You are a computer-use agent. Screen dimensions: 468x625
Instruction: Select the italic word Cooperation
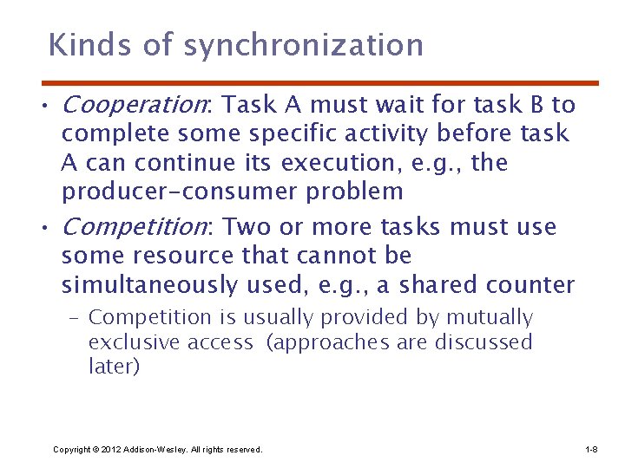[x=135, y=106]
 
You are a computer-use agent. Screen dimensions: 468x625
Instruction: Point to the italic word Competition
[x=135, y=227]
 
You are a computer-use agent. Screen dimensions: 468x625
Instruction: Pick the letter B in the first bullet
[x=538, y=106]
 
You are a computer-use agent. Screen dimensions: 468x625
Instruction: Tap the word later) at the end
[x=114, y=367]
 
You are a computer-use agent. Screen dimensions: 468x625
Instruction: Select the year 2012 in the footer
[x=110, y=449]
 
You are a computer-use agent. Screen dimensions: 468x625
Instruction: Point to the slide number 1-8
[x=591, y=449]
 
